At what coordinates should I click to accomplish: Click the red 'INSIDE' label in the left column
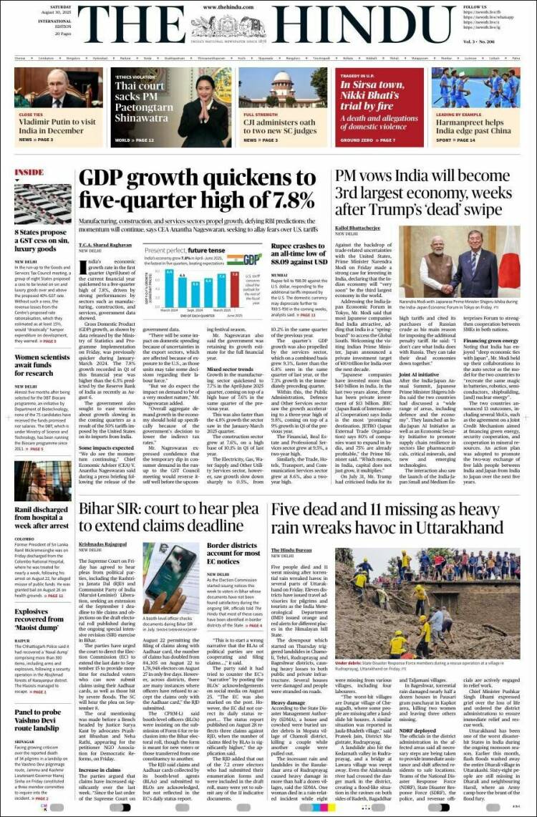[29, 173]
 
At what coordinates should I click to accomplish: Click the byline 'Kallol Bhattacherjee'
[357, 229]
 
